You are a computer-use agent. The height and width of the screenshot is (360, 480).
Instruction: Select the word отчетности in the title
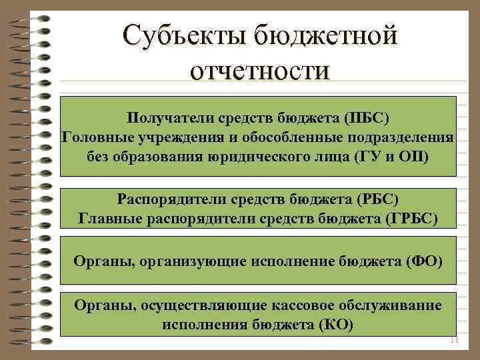click(x=259, y=69)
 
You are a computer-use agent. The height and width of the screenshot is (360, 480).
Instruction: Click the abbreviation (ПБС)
click(x=366, y=118)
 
